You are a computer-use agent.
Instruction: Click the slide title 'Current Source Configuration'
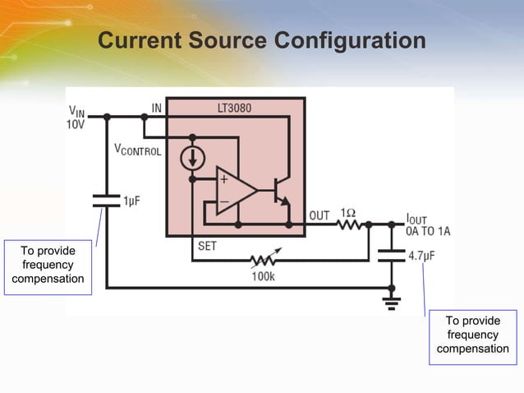coord(261,40)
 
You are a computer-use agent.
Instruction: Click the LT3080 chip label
coord(234,108)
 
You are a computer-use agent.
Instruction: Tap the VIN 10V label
coord(76,117)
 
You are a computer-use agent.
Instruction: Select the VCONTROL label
coord(137,150)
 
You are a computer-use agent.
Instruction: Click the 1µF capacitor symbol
coord(106,200)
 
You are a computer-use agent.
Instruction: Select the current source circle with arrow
coord(192,158)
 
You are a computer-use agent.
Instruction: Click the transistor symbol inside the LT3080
coord(281,191)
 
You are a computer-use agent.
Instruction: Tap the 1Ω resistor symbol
coord(347,224)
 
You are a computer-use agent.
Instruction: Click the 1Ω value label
coord(347,212)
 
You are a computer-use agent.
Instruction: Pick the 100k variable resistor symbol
coord(266,261)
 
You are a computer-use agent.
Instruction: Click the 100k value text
coord(263,276)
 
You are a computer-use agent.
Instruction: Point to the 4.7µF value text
coord(421,256)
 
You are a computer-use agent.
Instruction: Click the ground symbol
coord(392,302)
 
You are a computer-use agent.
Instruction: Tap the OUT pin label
coord(319,215)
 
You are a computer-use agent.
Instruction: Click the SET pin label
coord(208,245)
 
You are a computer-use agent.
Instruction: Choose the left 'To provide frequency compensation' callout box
coord(48,265)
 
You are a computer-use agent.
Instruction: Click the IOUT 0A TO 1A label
coord(427,225)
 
